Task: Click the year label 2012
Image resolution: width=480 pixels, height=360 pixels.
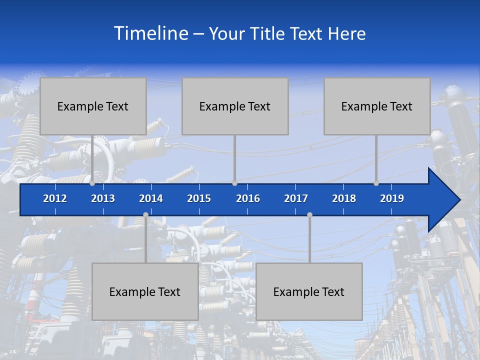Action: pos(55,198)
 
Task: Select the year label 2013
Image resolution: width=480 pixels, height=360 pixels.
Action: pos(103,198)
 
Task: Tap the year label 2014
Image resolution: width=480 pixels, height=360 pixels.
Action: pos(151,198)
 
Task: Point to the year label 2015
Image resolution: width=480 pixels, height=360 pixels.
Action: pos(199,198)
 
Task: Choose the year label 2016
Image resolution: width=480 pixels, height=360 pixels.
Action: pos(248,198)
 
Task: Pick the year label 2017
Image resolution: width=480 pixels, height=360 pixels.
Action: pos(296,198)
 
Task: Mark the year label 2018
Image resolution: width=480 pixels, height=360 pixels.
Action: pos(344,198)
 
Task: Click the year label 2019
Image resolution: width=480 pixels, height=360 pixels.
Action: pos(392,198)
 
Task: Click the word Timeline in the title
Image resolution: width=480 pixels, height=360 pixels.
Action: pos(150,33)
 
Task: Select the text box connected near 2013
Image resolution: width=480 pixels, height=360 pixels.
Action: pos(93,106)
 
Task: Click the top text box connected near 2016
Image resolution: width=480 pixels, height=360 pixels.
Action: pos(235,106)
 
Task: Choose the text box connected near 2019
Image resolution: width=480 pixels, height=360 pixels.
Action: pos(377,106)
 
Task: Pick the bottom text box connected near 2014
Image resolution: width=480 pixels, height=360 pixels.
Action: pos(145,291)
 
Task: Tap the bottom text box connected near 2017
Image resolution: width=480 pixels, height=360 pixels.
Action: pos(309,291)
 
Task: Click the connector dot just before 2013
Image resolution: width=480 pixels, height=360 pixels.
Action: pos(92,183)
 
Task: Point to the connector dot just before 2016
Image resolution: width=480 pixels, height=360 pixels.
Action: pos(234,183)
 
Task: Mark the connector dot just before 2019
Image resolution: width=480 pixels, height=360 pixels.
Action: pos(376,183)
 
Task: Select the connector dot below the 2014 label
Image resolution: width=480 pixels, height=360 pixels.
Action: pos(145,214)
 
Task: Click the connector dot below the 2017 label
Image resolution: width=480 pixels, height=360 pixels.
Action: pos(309,214)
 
